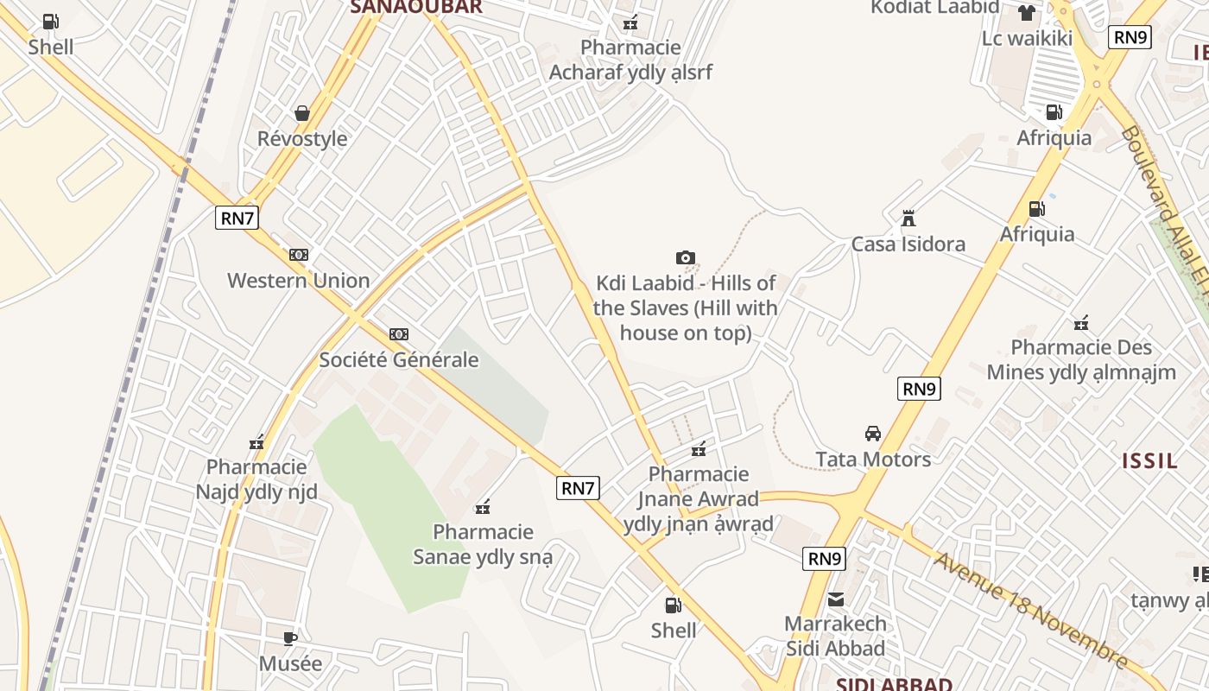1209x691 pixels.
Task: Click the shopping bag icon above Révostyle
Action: click(302, 113)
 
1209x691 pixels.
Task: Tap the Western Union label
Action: click(298, 280)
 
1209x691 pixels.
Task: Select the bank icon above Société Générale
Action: click(398, 333)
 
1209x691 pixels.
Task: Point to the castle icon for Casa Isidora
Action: click(908, 219)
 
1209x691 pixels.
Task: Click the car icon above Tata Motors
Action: click(873, 433)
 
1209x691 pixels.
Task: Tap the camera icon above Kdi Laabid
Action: click(686, 257)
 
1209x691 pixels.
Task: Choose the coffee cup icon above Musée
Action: click(290, 638)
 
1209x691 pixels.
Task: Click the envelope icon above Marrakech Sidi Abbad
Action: click(835, 599)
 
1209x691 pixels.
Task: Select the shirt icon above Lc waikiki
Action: click(1026, 12)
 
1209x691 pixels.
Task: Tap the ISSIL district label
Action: click(1149, 460)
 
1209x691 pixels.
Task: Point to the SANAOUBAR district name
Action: click(415, 7)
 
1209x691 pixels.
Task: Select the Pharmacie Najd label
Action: click(256, 479)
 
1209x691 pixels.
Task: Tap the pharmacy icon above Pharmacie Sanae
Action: click(483, 506)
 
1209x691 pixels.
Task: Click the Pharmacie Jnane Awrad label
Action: click(698, 498)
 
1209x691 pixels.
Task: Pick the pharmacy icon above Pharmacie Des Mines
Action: click(1080, 324)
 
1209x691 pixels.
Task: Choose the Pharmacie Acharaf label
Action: click(630, 60)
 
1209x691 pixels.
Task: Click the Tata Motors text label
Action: click(873, 459)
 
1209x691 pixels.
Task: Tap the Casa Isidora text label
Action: click(908, 244)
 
